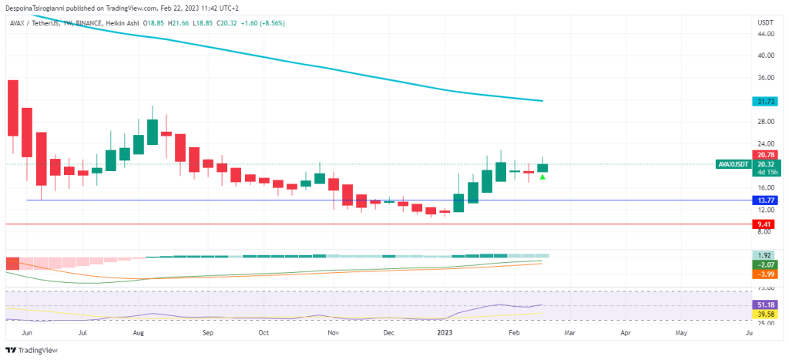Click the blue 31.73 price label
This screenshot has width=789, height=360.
click(x=766, y=101)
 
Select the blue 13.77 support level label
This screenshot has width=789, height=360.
click(x=766, y=200)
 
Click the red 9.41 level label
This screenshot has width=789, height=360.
click(x=766, y=224)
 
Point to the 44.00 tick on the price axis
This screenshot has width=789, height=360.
click(x=766, y=34)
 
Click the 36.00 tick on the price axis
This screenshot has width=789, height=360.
click(x=766, y=78)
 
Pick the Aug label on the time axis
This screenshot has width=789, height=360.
click(x=139, y=334)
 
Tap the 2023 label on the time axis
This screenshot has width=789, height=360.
click(x=445, y=334)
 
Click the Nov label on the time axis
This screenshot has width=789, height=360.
click(x=333, y=334)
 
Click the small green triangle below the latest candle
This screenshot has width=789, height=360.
click(x=542, y=177)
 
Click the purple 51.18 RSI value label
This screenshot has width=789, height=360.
click(x=766, y=305)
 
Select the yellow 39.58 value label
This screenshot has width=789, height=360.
click(x=766, y=315)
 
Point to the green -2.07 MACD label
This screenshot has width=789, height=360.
click(x=766, y=264)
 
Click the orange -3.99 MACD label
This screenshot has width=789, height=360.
click(x=766, y=274)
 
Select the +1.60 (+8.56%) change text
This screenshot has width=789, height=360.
click(x=260, y=23)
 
